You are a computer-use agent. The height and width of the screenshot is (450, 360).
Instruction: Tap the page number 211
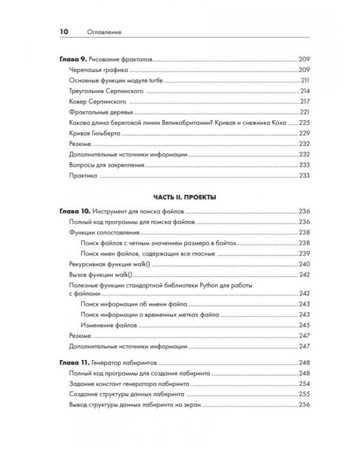pos(304,80)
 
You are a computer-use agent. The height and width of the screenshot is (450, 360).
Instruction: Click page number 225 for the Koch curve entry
pos(304,122)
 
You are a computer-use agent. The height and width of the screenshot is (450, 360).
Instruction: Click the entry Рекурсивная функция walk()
pos(109,264)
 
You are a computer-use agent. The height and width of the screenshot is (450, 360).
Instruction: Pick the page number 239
pos(304,254)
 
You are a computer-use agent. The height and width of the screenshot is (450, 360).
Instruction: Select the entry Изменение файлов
pos(108,325)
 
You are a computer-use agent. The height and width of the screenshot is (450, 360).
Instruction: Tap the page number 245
pos(304,325)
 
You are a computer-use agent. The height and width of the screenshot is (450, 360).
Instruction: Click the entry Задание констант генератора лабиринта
pos(130,384)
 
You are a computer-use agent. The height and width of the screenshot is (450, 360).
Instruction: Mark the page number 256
pos(304,405)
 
